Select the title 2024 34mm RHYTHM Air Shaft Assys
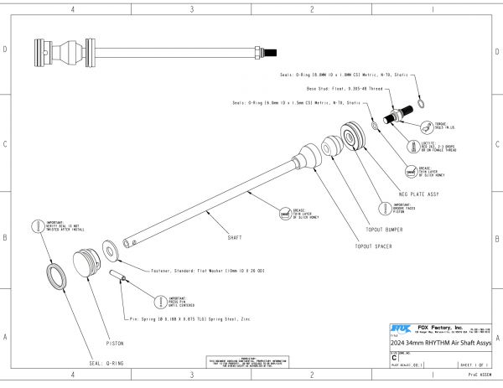[x=440, y=344]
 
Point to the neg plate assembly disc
[x=352, y=137]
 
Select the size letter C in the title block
[x=395, y=358]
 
